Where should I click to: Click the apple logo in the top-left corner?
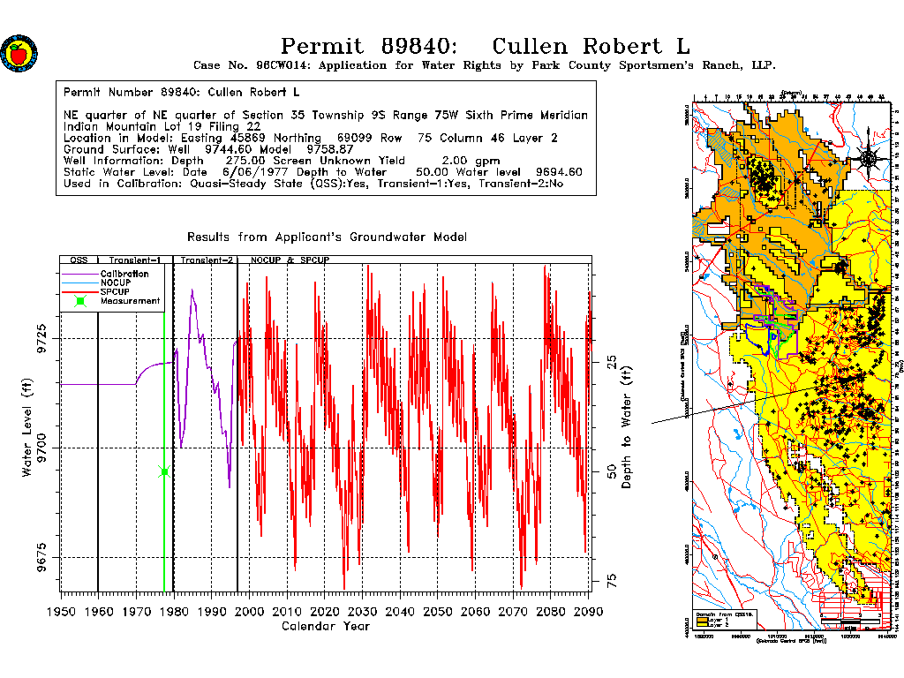click(19, 54)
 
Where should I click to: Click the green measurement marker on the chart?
click(164, 471)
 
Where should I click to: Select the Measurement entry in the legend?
click(130, 301)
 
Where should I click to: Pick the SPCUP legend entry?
click(116, 291)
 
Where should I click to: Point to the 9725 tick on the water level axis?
click(41, 338)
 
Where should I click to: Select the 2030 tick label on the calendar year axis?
click(363, 610)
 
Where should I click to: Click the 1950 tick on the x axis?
click(61, 610)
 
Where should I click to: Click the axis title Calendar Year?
click(325, 626)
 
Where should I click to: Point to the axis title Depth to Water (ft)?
click(627, 427)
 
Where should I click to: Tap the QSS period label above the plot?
click(79, 261)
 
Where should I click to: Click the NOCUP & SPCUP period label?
click(290, 261)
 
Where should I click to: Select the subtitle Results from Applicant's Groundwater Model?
click(327, 237)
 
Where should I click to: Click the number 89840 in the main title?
click(419, 46)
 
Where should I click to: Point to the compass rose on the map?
click(869, 158)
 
